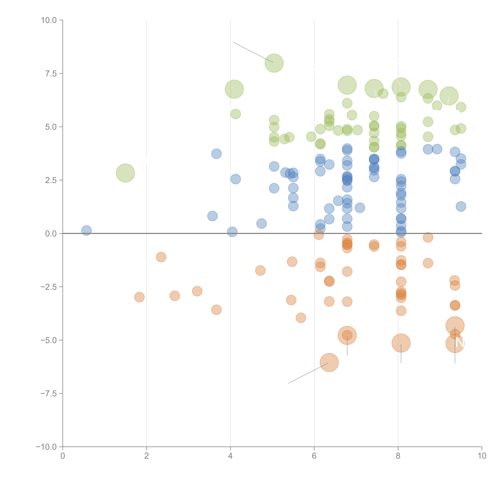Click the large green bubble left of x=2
pyautogui.click(x=125, y=173)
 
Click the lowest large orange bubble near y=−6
pyautogui.click(x=329, y=362)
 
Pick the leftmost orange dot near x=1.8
pyautogui.click(x=139, y=297)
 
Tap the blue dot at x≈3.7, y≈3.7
pyautogui.click(x=216, y=154)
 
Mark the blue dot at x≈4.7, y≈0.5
pyautogui.click(x=261, y=223)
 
